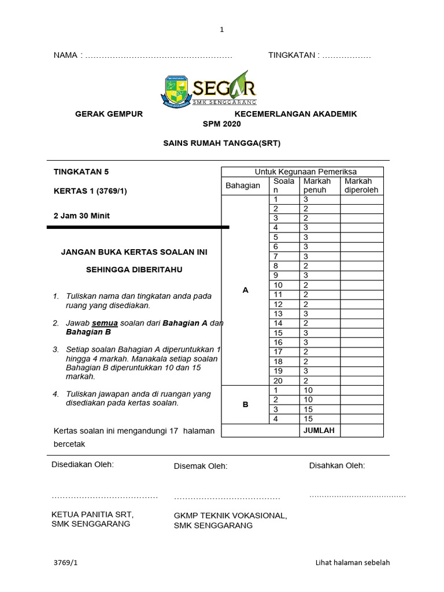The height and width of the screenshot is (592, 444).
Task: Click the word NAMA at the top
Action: pyautogui.click(x=65, y=55)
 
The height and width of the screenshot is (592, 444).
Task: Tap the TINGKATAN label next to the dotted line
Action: pyautogui.click(x=292, y=55)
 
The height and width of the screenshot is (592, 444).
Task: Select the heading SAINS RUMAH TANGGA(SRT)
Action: pyautogui.click(x=221, y=143)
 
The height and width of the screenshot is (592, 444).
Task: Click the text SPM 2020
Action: pyautogui.click(x=221, y=124)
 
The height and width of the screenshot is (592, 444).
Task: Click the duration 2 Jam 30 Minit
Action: pyautogui.click(x=82, y=216)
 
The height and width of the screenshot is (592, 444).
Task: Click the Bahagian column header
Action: pyautogui.click(x=243, y=186)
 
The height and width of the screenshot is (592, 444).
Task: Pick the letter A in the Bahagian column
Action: pyautogui.click(x=245, y=290)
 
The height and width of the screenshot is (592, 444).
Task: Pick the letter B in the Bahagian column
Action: pyautogui.click(x=245, y=405)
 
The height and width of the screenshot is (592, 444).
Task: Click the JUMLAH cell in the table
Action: pyautogui.click(x=319, y=431)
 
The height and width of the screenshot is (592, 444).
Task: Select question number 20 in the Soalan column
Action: pyautogui.click(x=278, y=380)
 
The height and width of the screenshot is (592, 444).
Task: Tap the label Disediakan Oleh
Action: pyautogui.click(x=83, y=464)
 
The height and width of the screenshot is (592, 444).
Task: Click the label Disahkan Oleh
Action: pyautogui.click(x=337, y=465)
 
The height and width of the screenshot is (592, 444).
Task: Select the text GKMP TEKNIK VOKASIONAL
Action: pyautogui.click(x=230, y=516)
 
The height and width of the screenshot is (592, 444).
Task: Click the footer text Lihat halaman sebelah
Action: pyautogui.click(x=356, y=563)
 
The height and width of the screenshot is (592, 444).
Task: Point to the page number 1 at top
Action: pyautogui.click(x=221, y=30)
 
